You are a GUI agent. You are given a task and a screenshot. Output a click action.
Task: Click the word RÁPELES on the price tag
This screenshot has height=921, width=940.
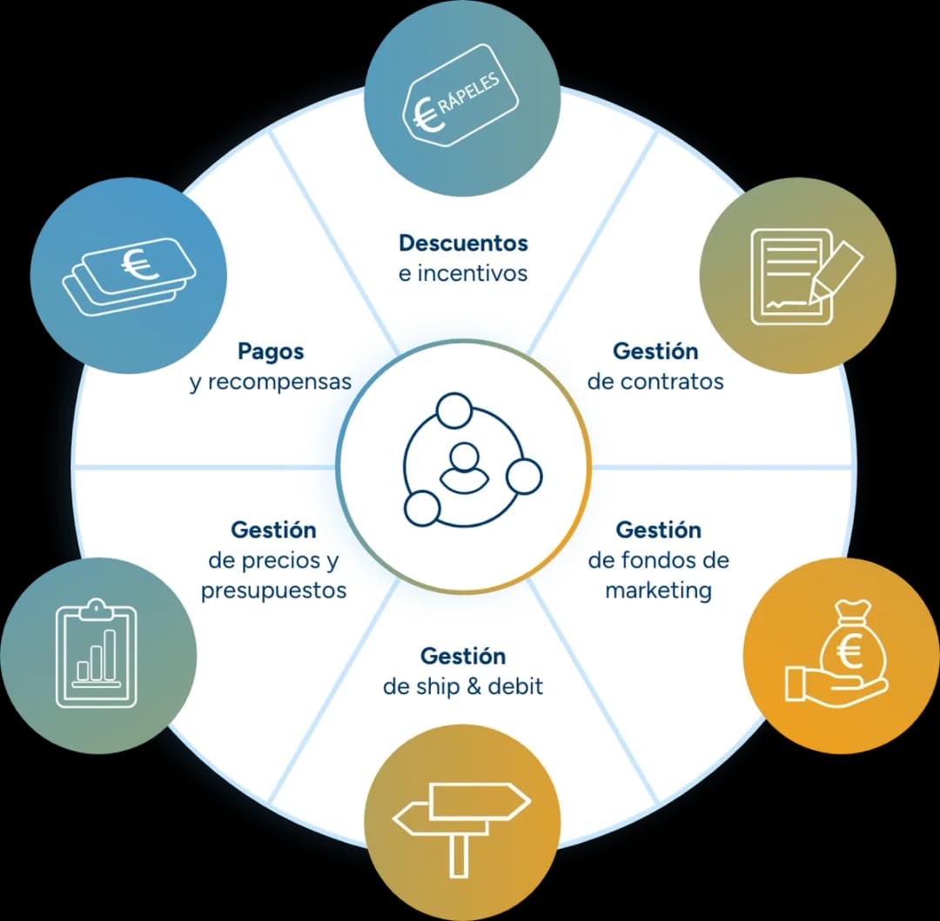click(469, 91)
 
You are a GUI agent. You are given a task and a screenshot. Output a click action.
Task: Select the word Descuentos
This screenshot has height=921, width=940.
click(463, 244)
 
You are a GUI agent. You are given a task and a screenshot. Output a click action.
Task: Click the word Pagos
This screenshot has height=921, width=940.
click(271, 351)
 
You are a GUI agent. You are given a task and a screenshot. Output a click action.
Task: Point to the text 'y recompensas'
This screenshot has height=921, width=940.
click(271, 382)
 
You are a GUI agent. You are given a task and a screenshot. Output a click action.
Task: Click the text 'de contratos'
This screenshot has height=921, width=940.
click(655, 382)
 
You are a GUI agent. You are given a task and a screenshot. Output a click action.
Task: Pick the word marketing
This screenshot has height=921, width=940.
click(658, 591)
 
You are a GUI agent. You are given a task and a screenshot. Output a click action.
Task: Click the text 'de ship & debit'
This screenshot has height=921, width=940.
click(463, 686)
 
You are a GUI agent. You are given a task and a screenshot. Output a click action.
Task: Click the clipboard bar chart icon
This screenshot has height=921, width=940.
click(97, 653)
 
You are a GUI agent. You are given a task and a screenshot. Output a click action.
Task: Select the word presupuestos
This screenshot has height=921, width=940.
click(274, 591)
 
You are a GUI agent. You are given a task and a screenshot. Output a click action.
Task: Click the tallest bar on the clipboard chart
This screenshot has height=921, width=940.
click(110, 655)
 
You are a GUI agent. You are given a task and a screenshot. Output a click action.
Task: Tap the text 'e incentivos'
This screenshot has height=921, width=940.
click(463, 274)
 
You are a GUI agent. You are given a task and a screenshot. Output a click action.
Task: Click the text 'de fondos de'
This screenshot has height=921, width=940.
click(658, 560)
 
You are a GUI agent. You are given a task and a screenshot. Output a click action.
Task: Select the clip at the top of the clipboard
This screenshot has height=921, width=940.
click(97, 609)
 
